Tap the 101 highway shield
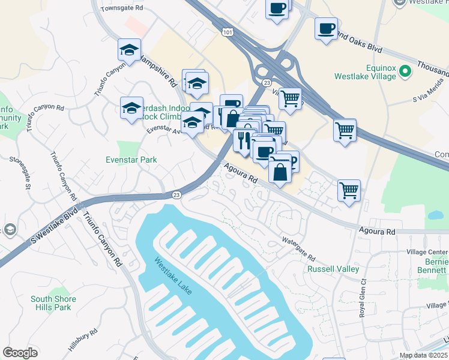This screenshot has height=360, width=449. (x=227, y=31)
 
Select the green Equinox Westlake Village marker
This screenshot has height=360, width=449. (x=406, y=73)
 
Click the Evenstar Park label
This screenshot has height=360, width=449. (x=130, y=160)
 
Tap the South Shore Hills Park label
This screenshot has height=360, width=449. (x=53, y=303)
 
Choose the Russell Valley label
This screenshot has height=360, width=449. (x=333, y=269)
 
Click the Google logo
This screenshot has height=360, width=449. (x=20, y=353)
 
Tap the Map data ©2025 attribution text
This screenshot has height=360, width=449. (x=423, y=355)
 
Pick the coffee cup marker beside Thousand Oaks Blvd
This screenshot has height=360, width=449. (x=326, y=28)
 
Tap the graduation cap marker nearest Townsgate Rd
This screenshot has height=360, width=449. (x=129, y=50)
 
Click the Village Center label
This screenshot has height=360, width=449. (x=427, y=251)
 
